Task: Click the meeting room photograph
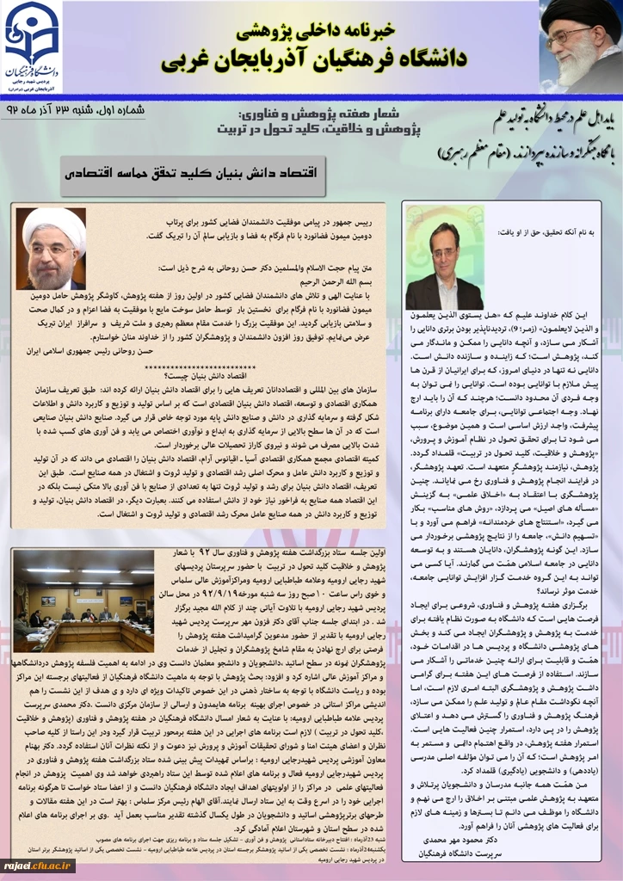point(83,601)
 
